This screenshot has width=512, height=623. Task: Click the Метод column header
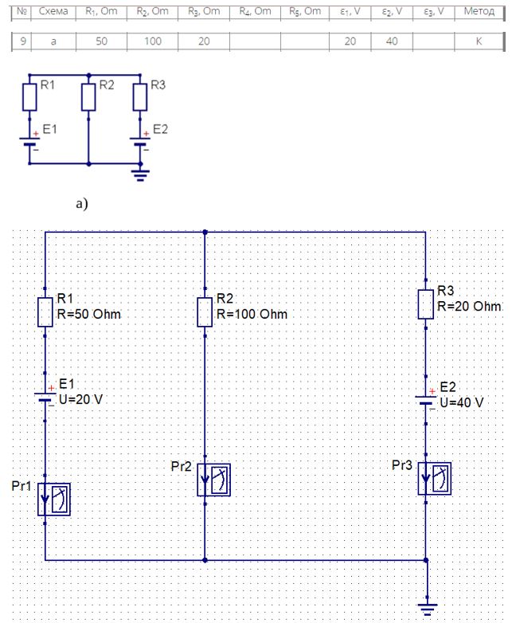coord(479,11)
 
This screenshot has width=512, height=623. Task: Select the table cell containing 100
coord(153,41)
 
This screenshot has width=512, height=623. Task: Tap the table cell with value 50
coord(101,41)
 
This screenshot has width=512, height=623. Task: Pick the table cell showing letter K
coord(479,41)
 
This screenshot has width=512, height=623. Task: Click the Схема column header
coord(53,11)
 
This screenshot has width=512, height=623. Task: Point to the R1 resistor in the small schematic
coord(29,97)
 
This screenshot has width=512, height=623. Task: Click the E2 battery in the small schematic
coord(140,142)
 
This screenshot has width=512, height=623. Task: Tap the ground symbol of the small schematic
coord(140,174)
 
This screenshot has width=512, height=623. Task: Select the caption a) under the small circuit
coord(82,204)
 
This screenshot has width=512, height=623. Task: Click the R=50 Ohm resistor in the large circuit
coord(45,312)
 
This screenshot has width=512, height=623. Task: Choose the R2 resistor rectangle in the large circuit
coord(205,312)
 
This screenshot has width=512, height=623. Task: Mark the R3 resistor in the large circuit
coord(425,304)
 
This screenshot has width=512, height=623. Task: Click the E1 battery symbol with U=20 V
coord(45,397)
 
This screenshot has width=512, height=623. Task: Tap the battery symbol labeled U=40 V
coord(425,400)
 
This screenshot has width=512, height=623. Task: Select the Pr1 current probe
coord(54,500)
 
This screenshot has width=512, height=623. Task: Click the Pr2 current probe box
coord(213,480)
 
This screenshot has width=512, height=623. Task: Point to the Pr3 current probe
coord(435,478)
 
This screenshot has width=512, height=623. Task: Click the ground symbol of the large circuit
coord(428,609)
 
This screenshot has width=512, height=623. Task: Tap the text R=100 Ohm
coord(252,314)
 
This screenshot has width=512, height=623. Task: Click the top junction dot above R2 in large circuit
coord(205,232)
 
